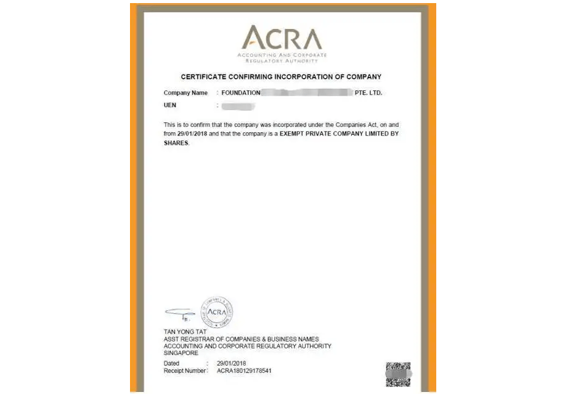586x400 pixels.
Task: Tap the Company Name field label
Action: click(185, 93)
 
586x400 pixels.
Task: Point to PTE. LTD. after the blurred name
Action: click(368, 93)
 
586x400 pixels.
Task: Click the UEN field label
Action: click(170, 105)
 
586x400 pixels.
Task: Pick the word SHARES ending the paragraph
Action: click(176, 143)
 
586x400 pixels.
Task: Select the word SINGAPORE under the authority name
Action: click(181, 353)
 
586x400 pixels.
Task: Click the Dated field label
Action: click(171, 364)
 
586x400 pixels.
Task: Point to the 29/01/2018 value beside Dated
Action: click(231, 364)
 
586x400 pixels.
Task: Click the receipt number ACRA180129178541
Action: click(244, 371)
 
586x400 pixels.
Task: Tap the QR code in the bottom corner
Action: click(398, 374)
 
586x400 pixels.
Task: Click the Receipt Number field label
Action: click(185, 371)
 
